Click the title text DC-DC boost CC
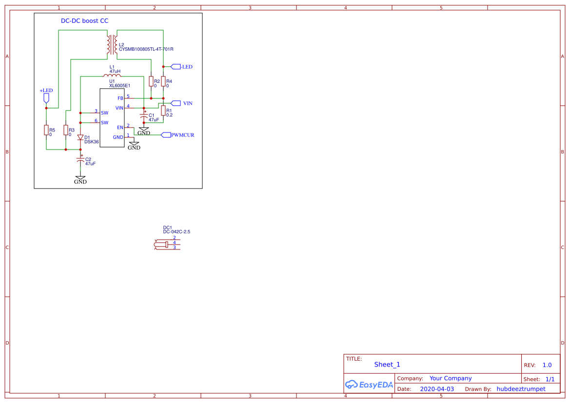click(84, 21)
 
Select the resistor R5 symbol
click(46, 130)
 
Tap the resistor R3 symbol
click(66, 130)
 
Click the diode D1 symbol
click(80, 137)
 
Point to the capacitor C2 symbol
click(80, 159)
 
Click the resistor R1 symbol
click(163, 111)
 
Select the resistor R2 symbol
click(151, 81)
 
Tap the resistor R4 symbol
click(163, 81)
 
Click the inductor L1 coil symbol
click(112, 76)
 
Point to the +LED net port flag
click(46, 98)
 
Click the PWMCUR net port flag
click(166, 135)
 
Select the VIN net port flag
click(176, 103)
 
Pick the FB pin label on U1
click(120, 98)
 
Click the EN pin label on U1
click(120, 128)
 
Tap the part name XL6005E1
click(119, 86)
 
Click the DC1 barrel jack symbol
click(167, 245)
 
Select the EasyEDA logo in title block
click(369, 384)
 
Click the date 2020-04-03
click(437, 389)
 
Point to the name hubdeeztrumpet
click(521, 389)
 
